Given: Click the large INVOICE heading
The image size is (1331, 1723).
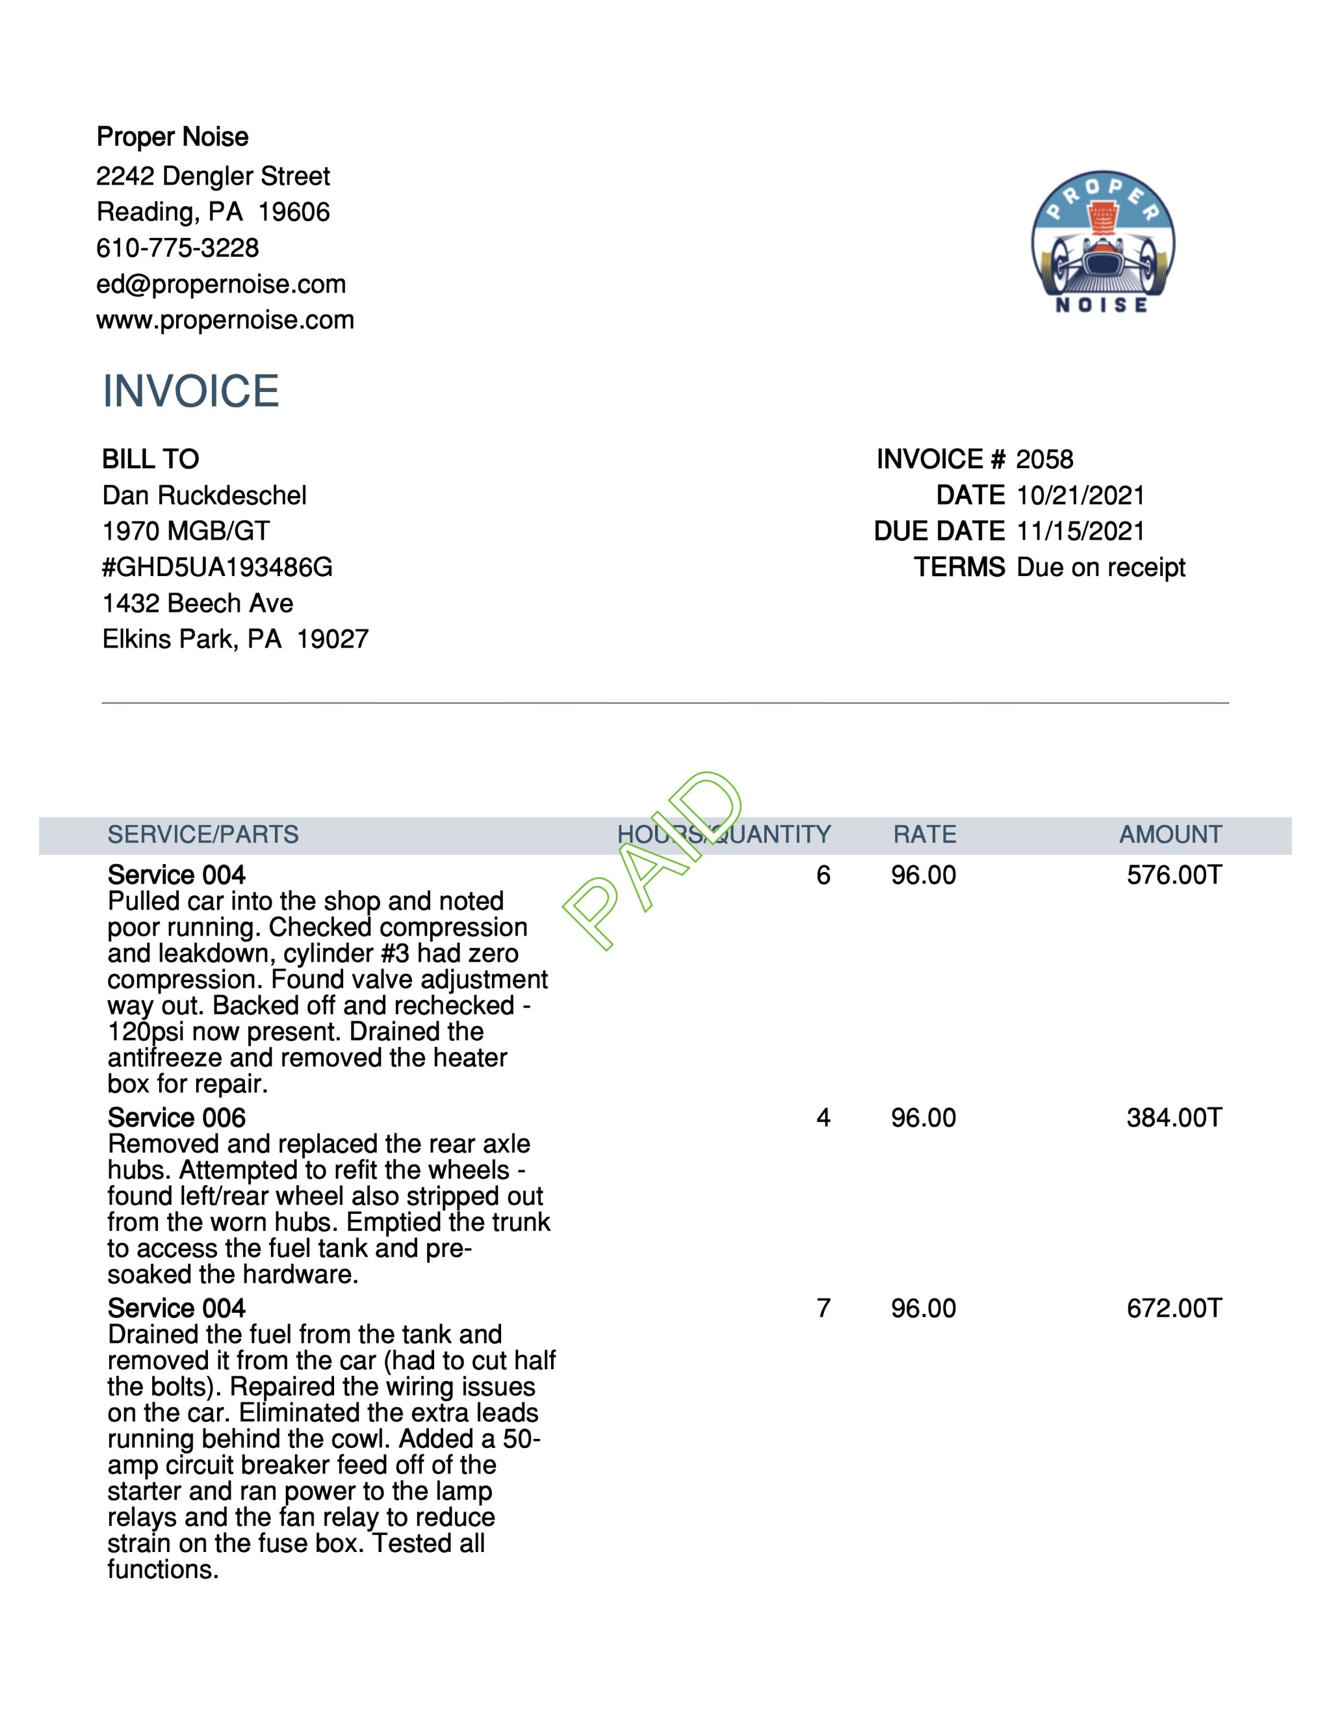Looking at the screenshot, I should pyautogui.click(x=191, y=391).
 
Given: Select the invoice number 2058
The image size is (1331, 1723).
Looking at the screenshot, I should pyautogui.click(x=1044, y=459).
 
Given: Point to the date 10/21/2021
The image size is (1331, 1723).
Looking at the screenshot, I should pyautogui.click(x=1080, y=495).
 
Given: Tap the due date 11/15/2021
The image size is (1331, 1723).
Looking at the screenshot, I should pyautogui.click(x=1080, y=531).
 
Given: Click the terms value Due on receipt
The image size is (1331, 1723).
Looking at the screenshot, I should pyautogui.click(x=1101, y=567).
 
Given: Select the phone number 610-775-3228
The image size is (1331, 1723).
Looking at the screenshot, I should pyautogui.click(x=177, y=248).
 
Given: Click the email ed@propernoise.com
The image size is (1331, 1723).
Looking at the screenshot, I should pyautogui.click(x=221, y=284).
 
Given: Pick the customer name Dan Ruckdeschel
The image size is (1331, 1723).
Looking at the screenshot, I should pyautogui.click(x=204, y=495).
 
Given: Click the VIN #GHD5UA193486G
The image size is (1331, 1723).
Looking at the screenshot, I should pyautogui.click(x=218, y=567).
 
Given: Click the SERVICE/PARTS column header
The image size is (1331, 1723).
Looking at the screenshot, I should pyautogui.click(x=203, y=835).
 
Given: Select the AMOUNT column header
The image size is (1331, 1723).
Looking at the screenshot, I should pyautogui.click(x=1170, y=835).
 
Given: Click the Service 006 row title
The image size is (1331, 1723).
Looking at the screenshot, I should pyautogui.click(x=177, y=1118).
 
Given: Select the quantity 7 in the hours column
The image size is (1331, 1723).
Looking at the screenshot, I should pyautogui.click(x=823, y=1308).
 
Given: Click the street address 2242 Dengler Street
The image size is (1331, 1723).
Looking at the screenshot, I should pyautogui.click(x=213, y=176).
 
